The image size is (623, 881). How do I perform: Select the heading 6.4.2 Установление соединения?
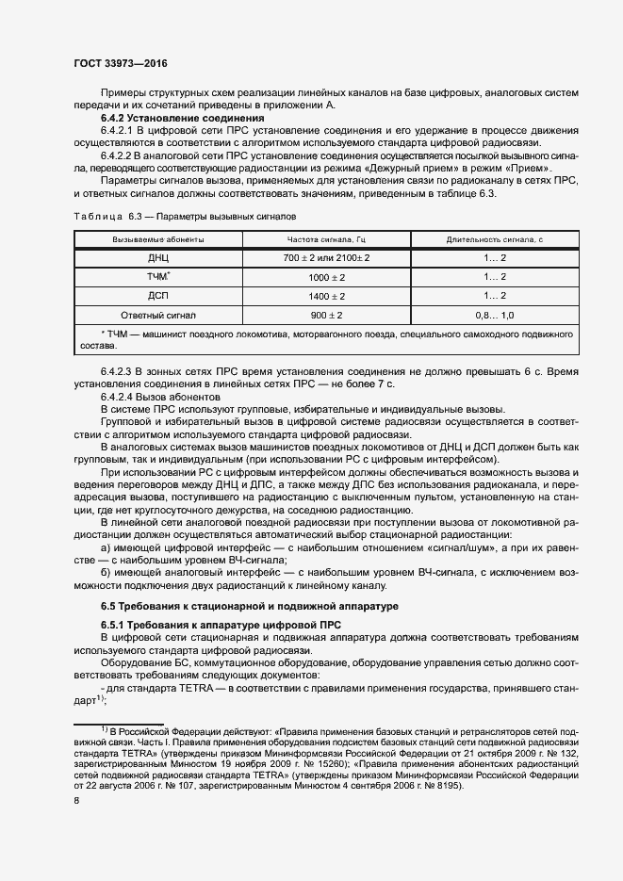tap(182, 119)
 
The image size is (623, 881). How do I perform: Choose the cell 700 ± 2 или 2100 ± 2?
tap(327, 257)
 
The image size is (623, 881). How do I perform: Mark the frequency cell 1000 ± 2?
tap(327, 276)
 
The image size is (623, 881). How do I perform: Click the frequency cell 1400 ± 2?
tap(327, 295)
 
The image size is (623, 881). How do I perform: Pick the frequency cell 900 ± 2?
tap(327, 314)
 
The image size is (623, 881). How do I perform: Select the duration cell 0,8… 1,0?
tap(495, 314)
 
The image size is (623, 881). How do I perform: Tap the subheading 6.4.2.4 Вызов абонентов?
tap(160, 397)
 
